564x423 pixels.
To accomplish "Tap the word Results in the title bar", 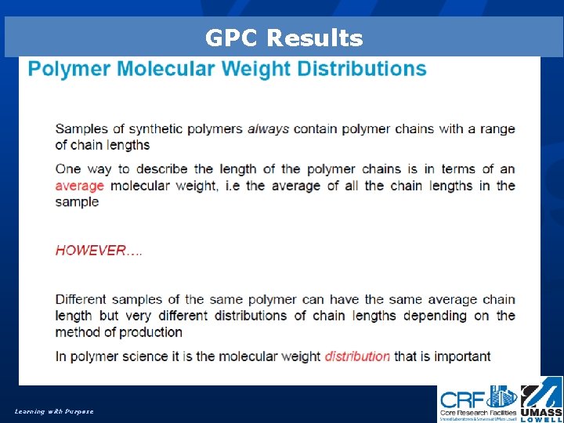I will click(315, 38).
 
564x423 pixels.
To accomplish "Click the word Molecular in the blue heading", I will click(168, 68).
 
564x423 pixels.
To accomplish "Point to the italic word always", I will click(268, 128).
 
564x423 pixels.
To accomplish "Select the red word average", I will click(79, 186).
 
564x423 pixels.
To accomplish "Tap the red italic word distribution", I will click(357, 356).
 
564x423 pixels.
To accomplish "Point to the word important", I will click(460, 356).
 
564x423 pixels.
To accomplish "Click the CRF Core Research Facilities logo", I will click(478, 403).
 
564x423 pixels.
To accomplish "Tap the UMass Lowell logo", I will click(541, 403).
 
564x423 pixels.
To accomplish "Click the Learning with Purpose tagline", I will click(53, 411).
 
